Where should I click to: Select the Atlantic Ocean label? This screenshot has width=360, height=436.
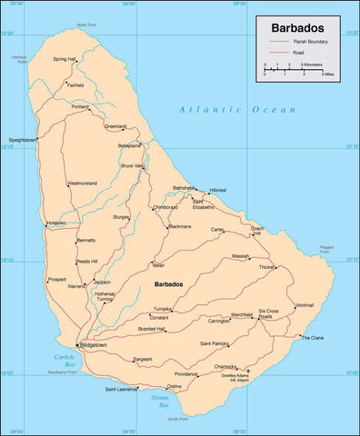pyautogui.click(x=237, y=109)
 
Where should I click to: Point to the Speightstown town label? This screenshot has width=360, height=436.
pyautogui.click(x=22, y=140)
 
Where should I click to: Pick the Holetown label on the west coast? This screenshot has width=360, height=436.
pyautogui.click(x=56, y=223)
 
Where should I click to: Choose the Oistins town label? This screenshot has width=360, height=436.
pyautogui.click(x=174, y=386)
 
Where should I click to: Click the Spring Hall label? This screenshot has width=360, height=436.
pyautogui.click(x=65, y=59)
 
